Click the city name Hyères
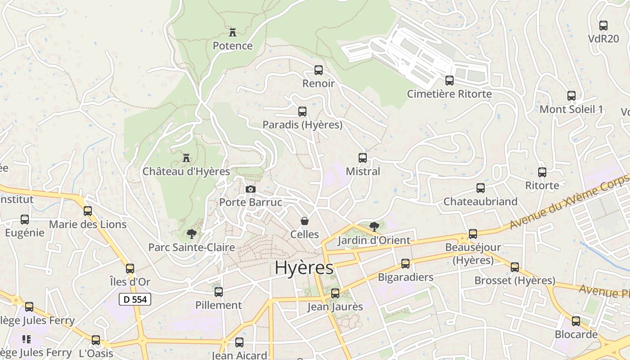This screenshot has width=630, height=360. point(304,268)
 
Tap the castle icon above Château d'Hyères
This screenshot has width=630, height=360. point(186,158)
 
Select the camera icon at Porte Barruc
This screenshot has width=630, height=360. point(251,189)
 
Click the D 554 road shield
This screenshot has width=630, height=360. point(135,299)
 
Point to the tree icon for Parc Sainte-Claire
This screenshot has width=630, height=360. point(191,234)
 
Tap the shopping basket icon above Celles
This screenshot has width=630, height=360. point(305,221)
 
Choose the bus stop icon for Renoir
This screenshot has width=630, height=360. point(319,70)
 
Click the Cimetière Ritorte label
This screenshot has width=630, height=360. point(449,94)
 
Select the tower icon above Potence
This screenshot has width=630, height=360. point(233,32)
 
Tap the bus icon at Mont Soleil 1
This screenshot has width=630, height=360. point(571,96)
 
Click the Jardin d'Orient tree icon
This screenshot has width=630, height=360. point(374,227)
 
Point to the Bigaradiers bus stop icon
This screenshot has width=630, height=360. point(405,264)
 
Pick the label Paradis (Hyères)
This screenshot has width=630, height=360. point(302,125)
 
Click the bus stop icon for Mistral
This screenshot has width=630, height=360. point(363,158)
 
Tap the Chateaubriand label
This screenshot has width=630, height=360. point(481,202)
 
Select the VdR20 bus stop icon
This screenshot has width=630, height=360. point(603,26)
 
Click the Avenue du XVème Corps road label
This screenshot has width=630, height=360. point(569,202)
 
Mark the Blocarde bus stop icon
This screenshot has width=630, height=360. point(576,321)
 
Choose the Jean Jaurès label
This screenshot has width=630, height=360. point(335,307)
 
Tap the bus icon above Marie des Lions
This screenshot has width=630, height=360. point(88,211)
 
